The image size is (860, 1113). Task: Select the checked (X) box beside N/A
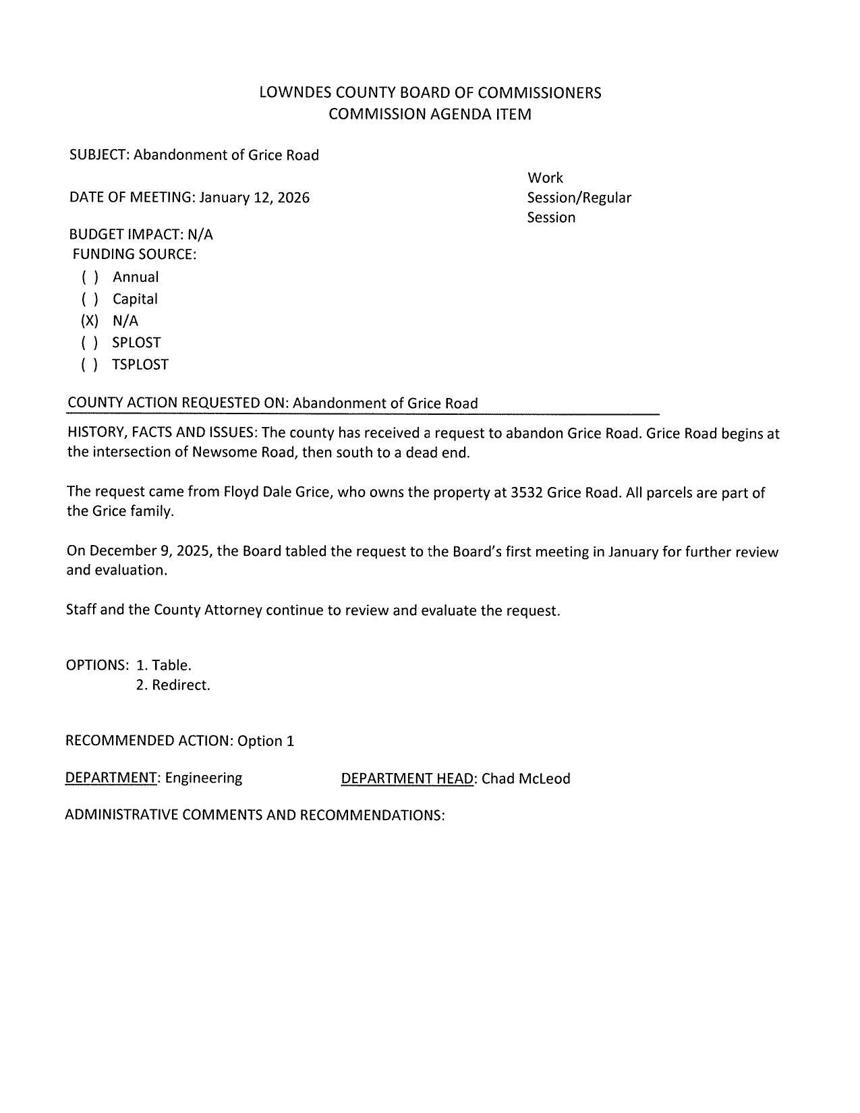(x=90, y=320)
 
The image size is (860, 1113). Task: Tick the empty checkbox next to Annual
(x=90, y=277)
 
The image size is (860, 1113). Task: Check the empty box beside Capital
(x=90, y=299)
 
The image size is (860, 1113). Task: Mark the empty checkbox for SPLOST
(x=90, y=343)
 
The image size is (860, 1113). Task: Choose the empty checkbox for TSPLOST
(x=90, y=365)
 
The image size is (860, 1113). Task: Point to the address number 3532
(x=527, y=492)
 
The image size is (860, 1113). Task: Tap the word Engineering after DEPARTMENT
(x=204, y=778)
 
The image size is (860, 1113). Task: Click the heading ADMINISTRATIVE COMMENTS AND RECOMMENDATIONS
(x=254, y=815)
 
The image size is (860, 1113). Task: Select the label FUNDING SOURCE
(x=134, y=255)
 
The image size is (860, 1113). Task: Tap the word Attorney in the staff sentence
(x=233, y=610)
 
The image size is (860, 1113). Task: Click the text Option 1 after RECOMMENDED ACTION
(x=266, y=741)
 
